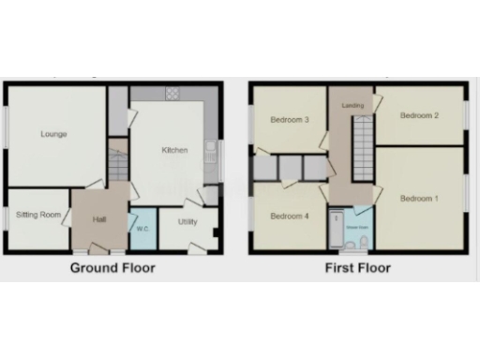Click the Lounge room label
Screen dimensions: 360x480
[x=53, y=134]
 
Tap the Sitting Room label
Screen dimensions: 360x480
[x=38, y=215]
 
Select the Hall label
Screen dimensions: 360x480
[x=99, y=219]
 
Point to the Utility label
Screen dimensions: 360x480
[x=187, y=222]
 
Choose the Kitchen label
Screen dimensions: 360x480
[x=175, y=150]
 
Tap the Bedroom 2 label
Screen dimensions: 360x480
[x=418, y=116]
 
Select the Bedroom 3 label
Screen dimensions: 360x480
[x=290, y=120]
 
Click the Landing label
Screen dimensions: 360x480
[x=352, y=105]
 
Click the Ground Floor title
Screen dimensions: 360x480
[x=113, y=268]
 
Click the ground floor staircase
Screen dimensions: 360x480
[x=117, y=166]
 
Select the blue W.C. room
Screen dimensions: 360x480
[x=143, y=234]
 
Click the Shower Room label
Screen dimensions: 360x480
[x=356, y=227]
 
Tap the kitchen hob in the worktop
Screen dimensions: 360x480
[x=172, y=94]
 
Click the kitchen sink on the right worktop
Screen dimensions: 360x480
[x=213, y=150]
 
